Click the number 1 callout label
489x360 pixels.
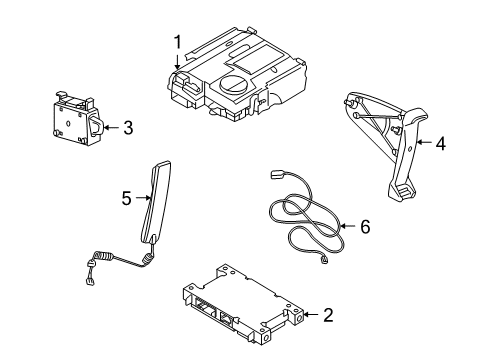pos(177,42)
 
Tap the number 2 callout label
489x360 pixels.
pos(328,315)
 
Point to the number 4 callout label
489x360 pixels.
pos(440,143)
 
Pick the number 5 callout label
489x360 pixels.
pos(126,199)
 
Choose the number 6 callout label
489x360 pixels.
pos(364,227)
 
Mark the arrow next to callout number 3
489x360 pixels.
pos(109,127)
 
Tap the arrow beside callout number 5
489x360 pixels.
pos(142,199)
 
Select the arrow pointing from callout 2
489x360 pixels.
pos(307,315)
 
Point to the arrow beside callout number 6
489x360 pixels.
pos(346,228)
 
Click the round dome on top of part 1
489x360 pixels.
pos(237,85)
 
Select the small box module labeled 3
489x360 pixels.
pos(72,119)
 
